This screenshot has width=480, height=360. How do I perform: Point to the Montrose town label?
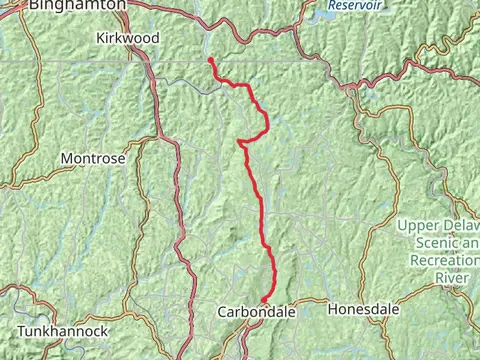[x=93, y=158]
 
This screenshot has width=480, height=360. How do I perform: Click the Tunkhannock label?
[x=61, y=329]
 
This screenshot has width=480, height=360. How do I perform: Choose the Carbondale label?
[x=257, y=312]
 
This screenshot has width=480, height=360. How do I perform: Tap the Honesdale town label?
[x=363, y=310]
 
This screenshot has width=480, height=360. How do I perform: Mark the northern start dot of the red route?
[x=210, y=60]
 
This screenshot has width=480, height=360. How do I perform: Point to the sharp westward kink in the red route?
[x=241, y=143]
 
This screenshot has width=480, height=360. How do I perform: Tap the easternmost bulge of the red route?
[x=268, y=124]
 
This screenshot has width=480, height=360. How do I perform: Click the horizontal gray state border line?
[x=100, y=62]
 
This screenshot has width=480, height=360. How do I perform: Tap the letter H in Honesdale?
[x=333, y=310]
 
